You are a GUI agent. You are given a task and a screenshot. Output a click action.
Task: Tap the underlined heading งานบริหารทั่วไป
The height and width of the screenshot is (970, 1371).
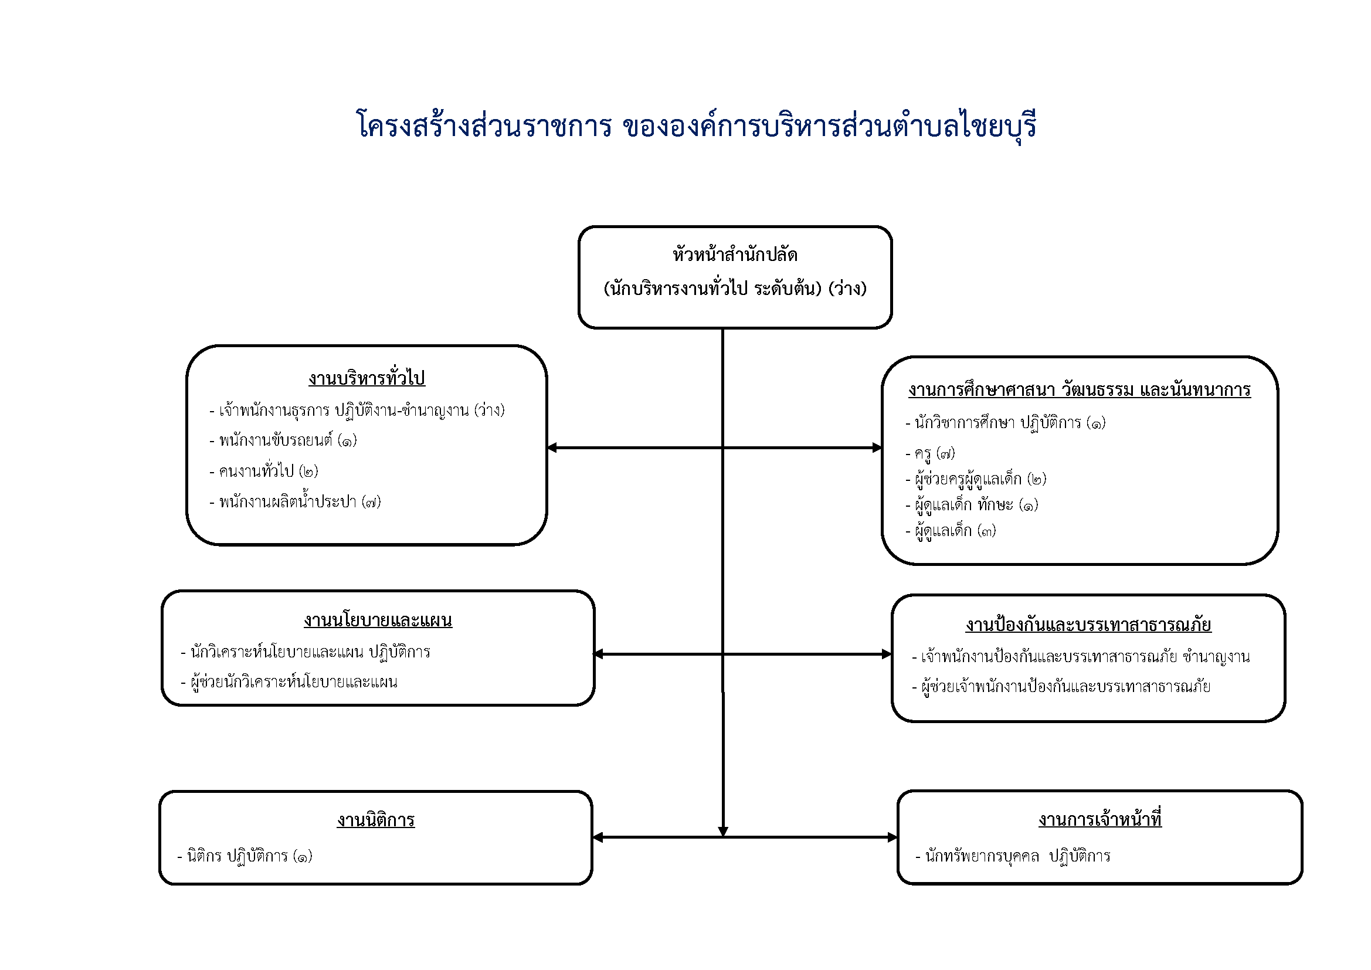(x=366, y=378)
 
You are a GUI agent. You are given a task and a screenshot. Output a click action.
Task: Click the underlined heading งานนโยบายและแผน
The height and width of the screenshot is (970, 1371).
(x=378, y=620)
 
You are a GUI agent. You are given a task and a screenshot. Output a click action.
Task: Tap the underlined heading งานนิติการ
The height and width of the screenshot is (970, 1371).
(x=376, y=820)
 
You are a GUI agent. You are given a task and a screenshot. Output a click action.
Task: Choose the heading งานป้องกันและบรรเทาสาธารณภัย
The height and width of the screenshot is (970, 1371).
(x=1088, y=625)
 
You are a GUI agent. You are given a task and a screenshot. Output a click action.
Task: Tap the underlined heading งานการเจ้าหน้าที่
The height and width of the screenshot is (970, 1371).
(x=1100, y=819)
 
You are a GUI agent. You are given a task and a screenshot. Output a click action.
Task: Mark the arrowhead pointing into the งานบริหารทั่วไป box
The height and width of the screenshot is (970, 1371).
(x=552, y=447)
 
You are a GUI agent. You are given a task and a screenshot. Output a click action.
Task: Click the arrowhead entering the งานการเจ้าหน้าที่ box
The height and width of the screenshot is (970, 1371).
(x=892, y=837)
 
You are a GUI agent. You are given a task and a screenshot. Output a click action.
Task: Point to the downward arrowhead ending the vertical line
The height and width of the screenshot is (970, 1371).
(x=722, y=832)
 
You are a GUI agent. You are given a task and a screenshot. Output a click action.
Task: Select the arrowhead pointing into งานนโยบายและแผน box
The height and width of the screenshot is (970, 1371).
(x=599, y=654)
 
